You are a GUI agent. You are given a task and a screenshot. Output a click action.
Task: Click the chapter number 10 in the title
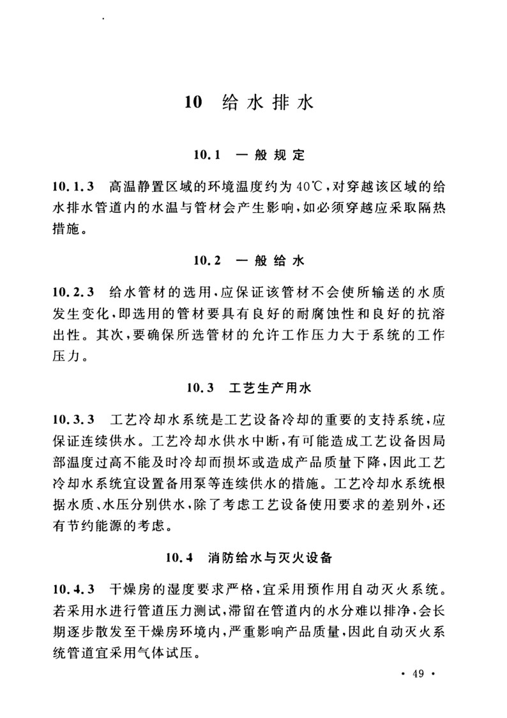(193, 102)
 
